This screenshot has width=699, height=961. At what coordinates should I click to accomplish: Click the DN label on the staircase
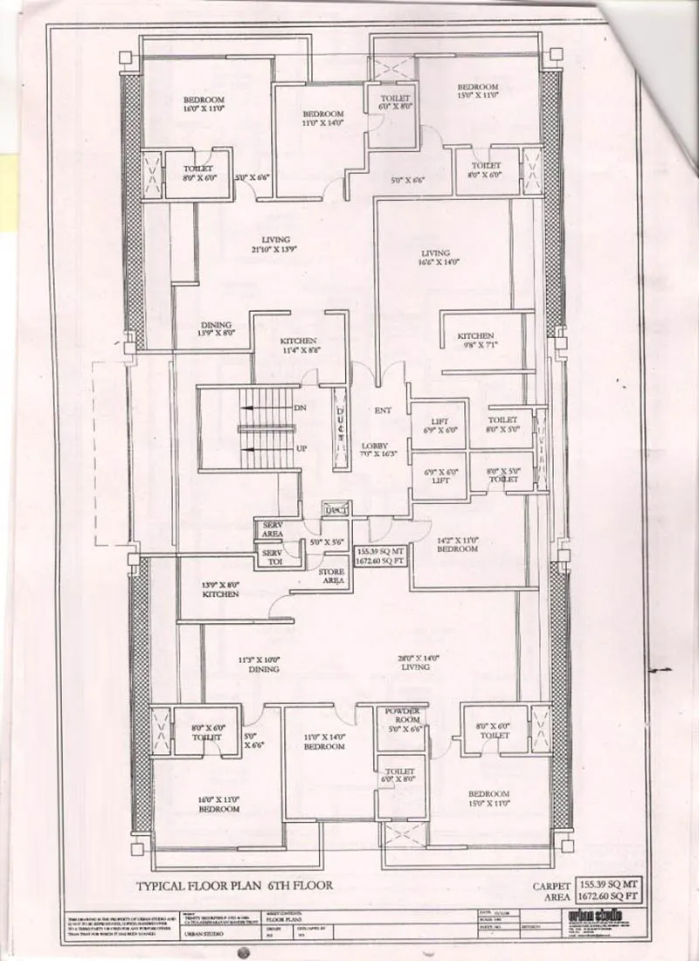tap(300, 408)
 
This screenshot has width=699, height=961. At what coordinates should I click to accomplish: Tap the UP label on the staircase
tap(300, 447)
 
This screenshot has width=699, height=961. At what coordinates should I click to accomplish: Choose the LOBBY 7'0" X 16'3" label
tap(380, 450)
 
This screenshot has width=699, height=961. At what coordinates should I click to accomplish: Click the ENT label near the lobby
tap(382, 410)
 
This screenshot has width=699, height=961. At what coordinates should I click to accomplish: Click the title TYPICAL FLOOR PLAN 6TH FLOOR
tap(233, 884)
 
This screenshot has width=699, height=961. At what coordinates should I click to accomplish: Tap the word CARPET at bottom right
tap(550, 886)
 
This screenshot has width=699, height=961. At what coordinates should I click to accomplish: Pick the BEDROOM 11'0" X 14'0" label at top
tap(322, 120)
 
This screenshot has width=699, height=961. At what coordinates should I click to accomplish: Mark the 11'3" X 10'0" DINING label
tap(262, 664)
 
